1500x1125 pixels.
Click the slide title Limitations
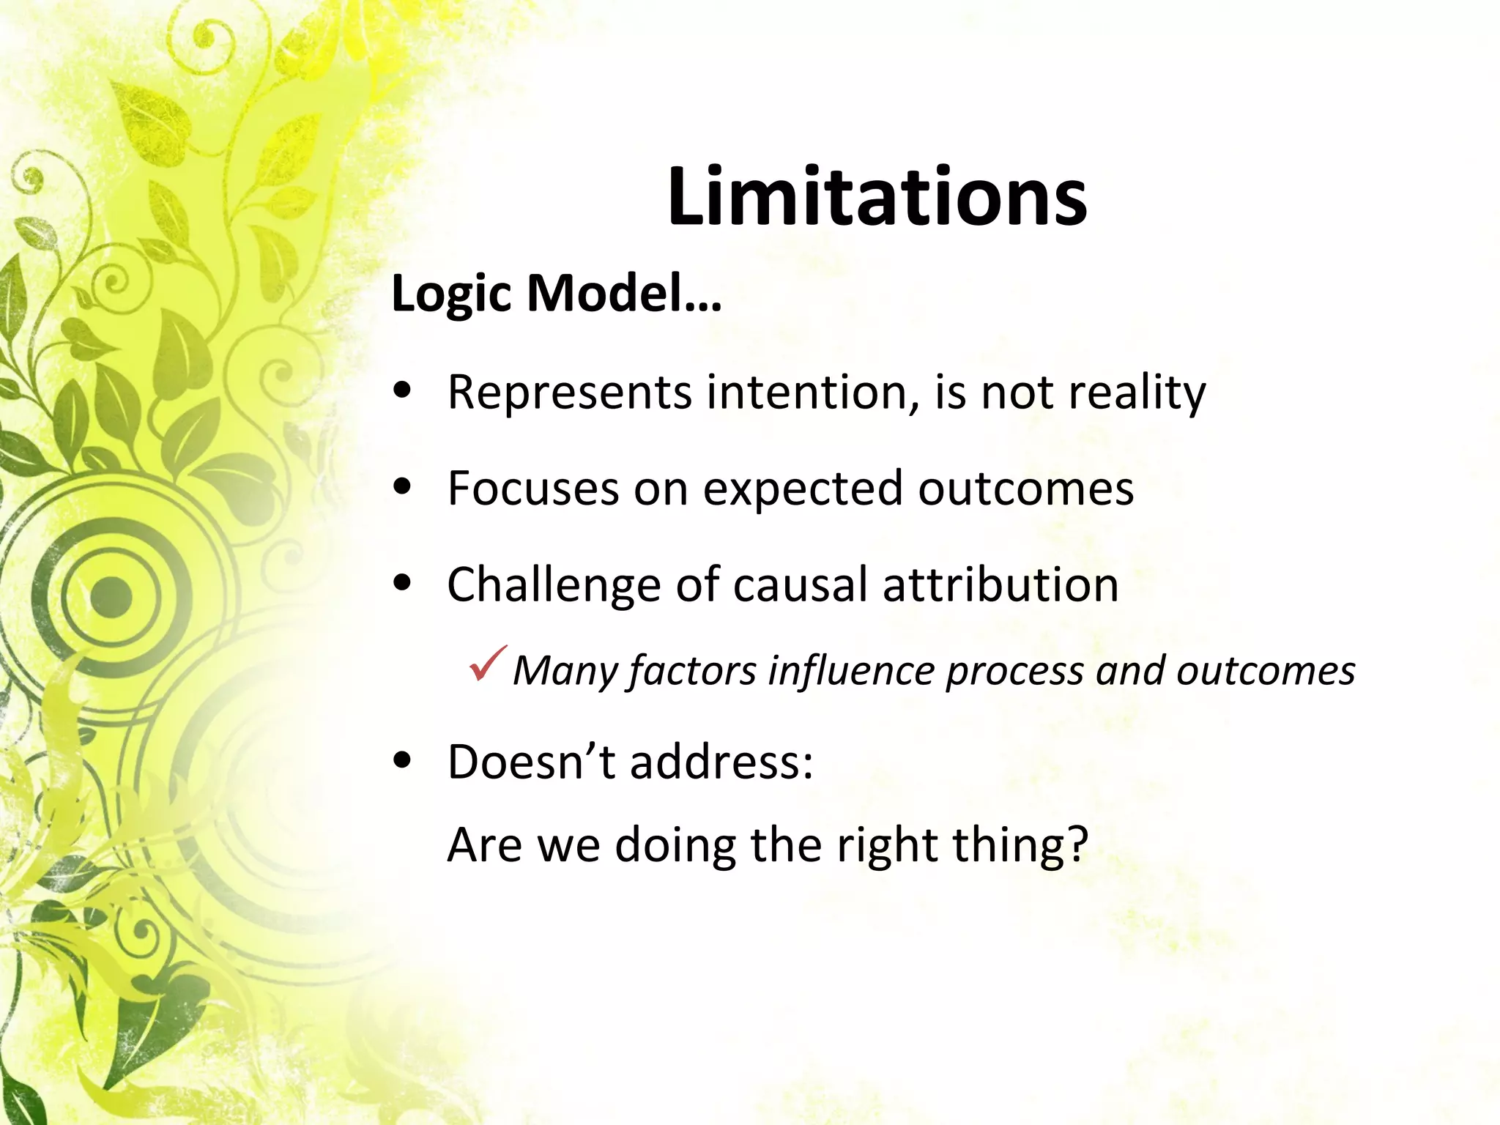(877, 198)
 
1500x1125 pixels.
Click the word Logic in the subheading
(450, 294)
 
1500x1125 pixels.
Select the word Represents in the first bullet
(568, 393)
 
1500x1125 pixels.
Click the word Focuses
(533, 489)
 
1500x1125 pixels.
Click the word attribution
(1000, 584)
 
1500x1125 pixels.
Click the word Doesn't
(532, 762)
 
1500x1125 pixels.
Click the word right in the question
(886, 846)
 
